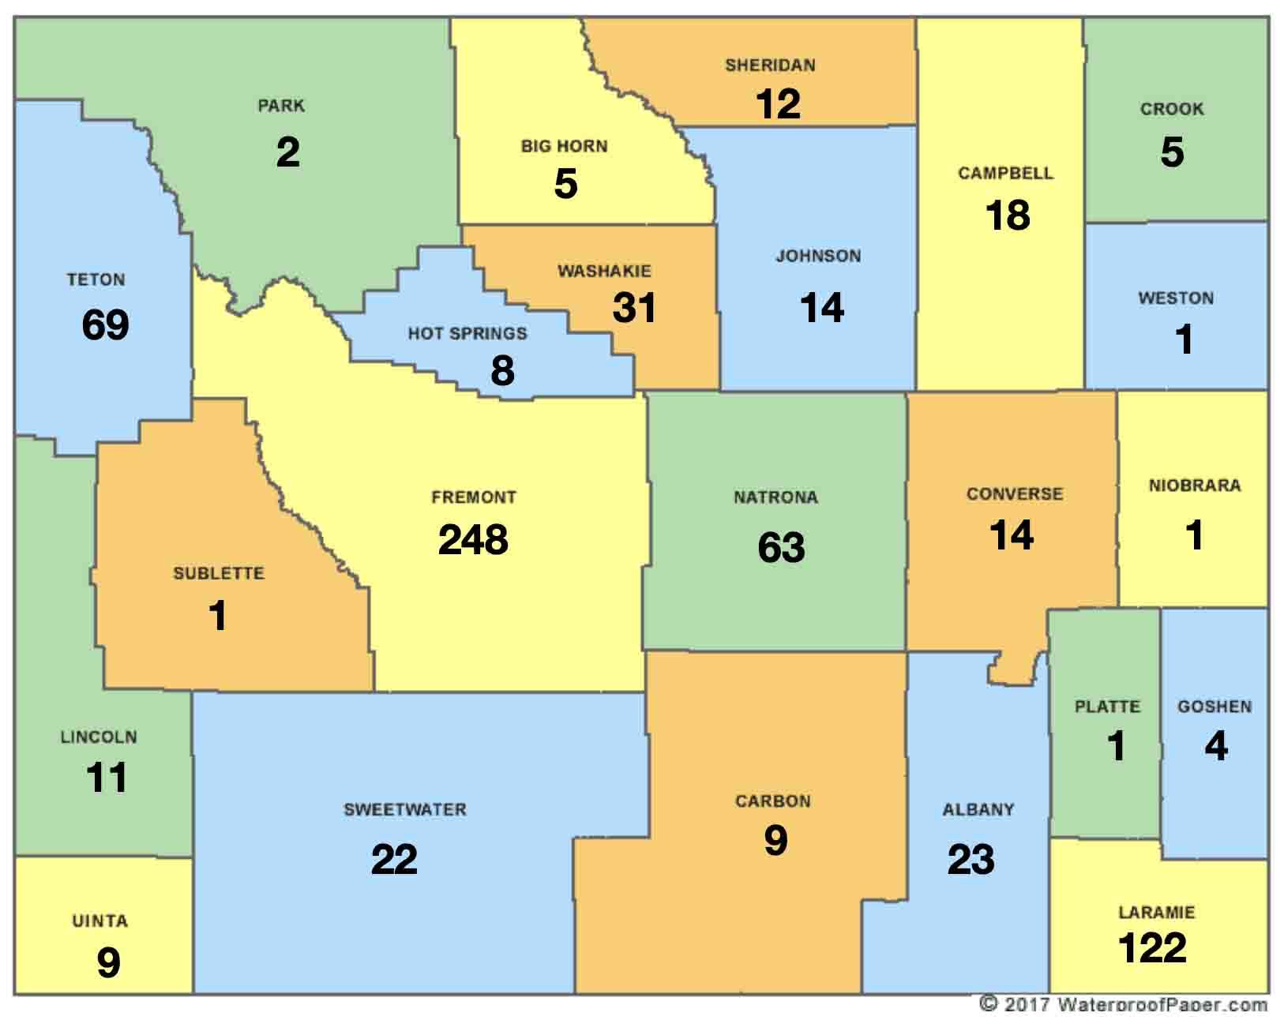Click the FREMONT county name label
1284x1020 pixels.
(x=473, y=497)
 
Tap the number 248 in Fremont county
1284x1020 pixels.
(x=473, y=540)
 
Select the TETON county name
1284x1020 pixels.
(x=96, y=279)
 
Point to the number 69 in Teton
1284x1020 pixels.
(x=105, y=324)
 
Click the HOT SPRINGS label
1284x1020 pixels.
(x=467, y=333)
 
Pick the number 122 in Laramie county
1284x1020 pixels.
(x=1152, y=947)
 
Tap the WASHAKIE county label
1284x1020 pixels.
(x=604, y=271)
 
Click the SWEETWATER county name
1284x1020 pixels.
(x=404, y=809)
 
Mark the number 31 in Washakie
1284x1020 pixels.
(x=634, y=307)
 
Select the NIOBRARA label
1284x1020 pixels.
(x=1194, y=485)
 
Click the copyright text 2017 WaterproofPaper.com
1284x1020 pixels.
(x=1124, y=1004)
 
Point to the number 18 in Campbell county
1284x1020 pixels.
(x=1008, y=216)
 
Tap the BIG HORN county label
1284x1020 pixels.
(x=564, y=146)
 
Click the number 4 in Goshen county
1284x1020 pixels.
(x=1216, y=747)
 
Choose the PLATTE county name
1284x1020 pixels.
(x=1107, y=707)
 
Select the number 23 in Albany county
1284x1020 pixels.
(x=971, y=860)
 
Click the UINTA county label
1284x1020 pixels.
(x=99, y=921)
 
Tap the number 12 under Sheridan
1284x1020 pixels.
(x=778, y=104)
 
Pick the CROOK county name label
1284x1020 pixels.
(x=1172, y=109)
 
